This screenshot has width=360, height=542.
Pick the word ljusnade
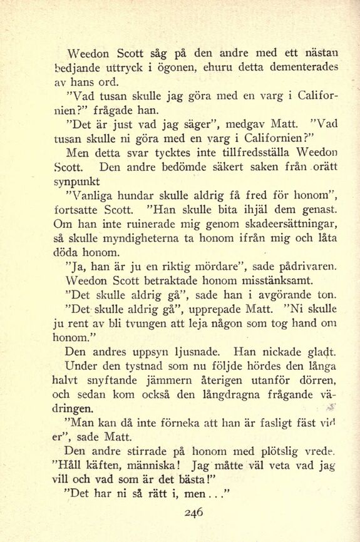click(188, 352)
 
